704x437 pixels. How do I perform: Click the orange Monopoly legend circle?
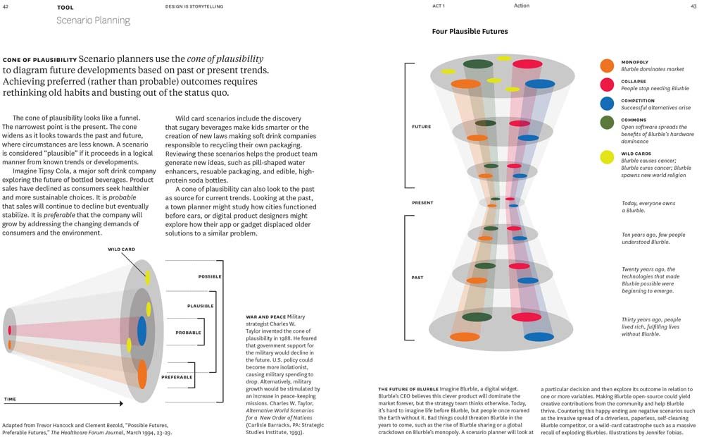click(x=607, y=66)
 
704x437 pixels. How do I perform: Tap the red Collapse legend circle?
click(x=607, y=85)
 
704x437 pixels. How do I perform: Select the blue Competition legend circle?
click(x=607, y=104)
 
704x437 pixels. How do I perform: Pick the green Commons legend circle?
click(x=607, y=123)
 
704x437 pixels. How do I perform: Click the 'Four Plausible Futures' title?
click(x=470, y=32)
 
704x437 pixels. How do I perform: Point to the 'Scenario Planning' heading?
click(x=93, y=20)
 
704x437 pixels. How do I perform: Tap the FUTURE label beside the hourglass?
click(x=422, y=127)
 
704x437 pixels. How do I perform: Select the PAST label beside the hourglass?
click(x=417, y=278)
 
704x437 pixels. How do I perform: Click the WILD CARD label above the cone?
click(x=122, y=249)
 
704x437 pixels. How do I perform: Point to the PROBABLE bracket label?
click(x=188, y=332)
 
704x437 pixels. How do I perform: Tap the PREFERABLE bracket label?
click(x=177, y=377)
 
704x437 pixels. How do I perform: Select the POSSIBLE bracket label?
click(x=210, y=276)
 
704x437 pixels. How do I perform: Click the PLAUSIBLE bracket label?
click(x=201, y=306)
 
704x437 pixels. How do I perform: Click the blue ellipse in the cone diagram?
click(x=142, y=330)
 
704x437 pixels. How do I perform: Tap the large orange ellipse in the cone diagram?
click(x=142, y=374)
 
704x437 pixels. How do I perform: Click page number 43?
click(x=693, y=6)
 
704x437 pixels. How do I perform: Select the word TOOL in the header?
click(x=65, y=7)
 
